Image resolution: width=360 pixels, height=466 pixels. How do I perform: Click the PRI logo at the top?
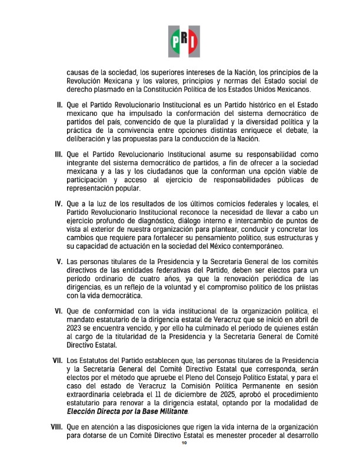(184, 41)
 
